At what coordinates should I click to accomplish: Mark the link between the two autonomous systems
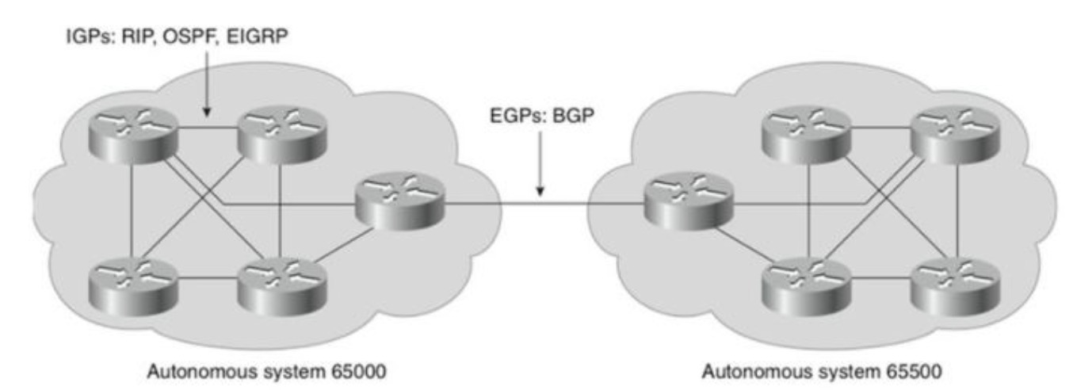click(x=543, y=203)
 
